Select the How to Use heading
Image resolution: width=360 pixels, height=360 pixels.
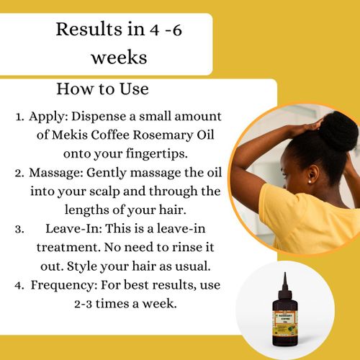102,90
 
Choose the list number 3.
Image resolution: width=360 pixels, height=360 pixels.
17,229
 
